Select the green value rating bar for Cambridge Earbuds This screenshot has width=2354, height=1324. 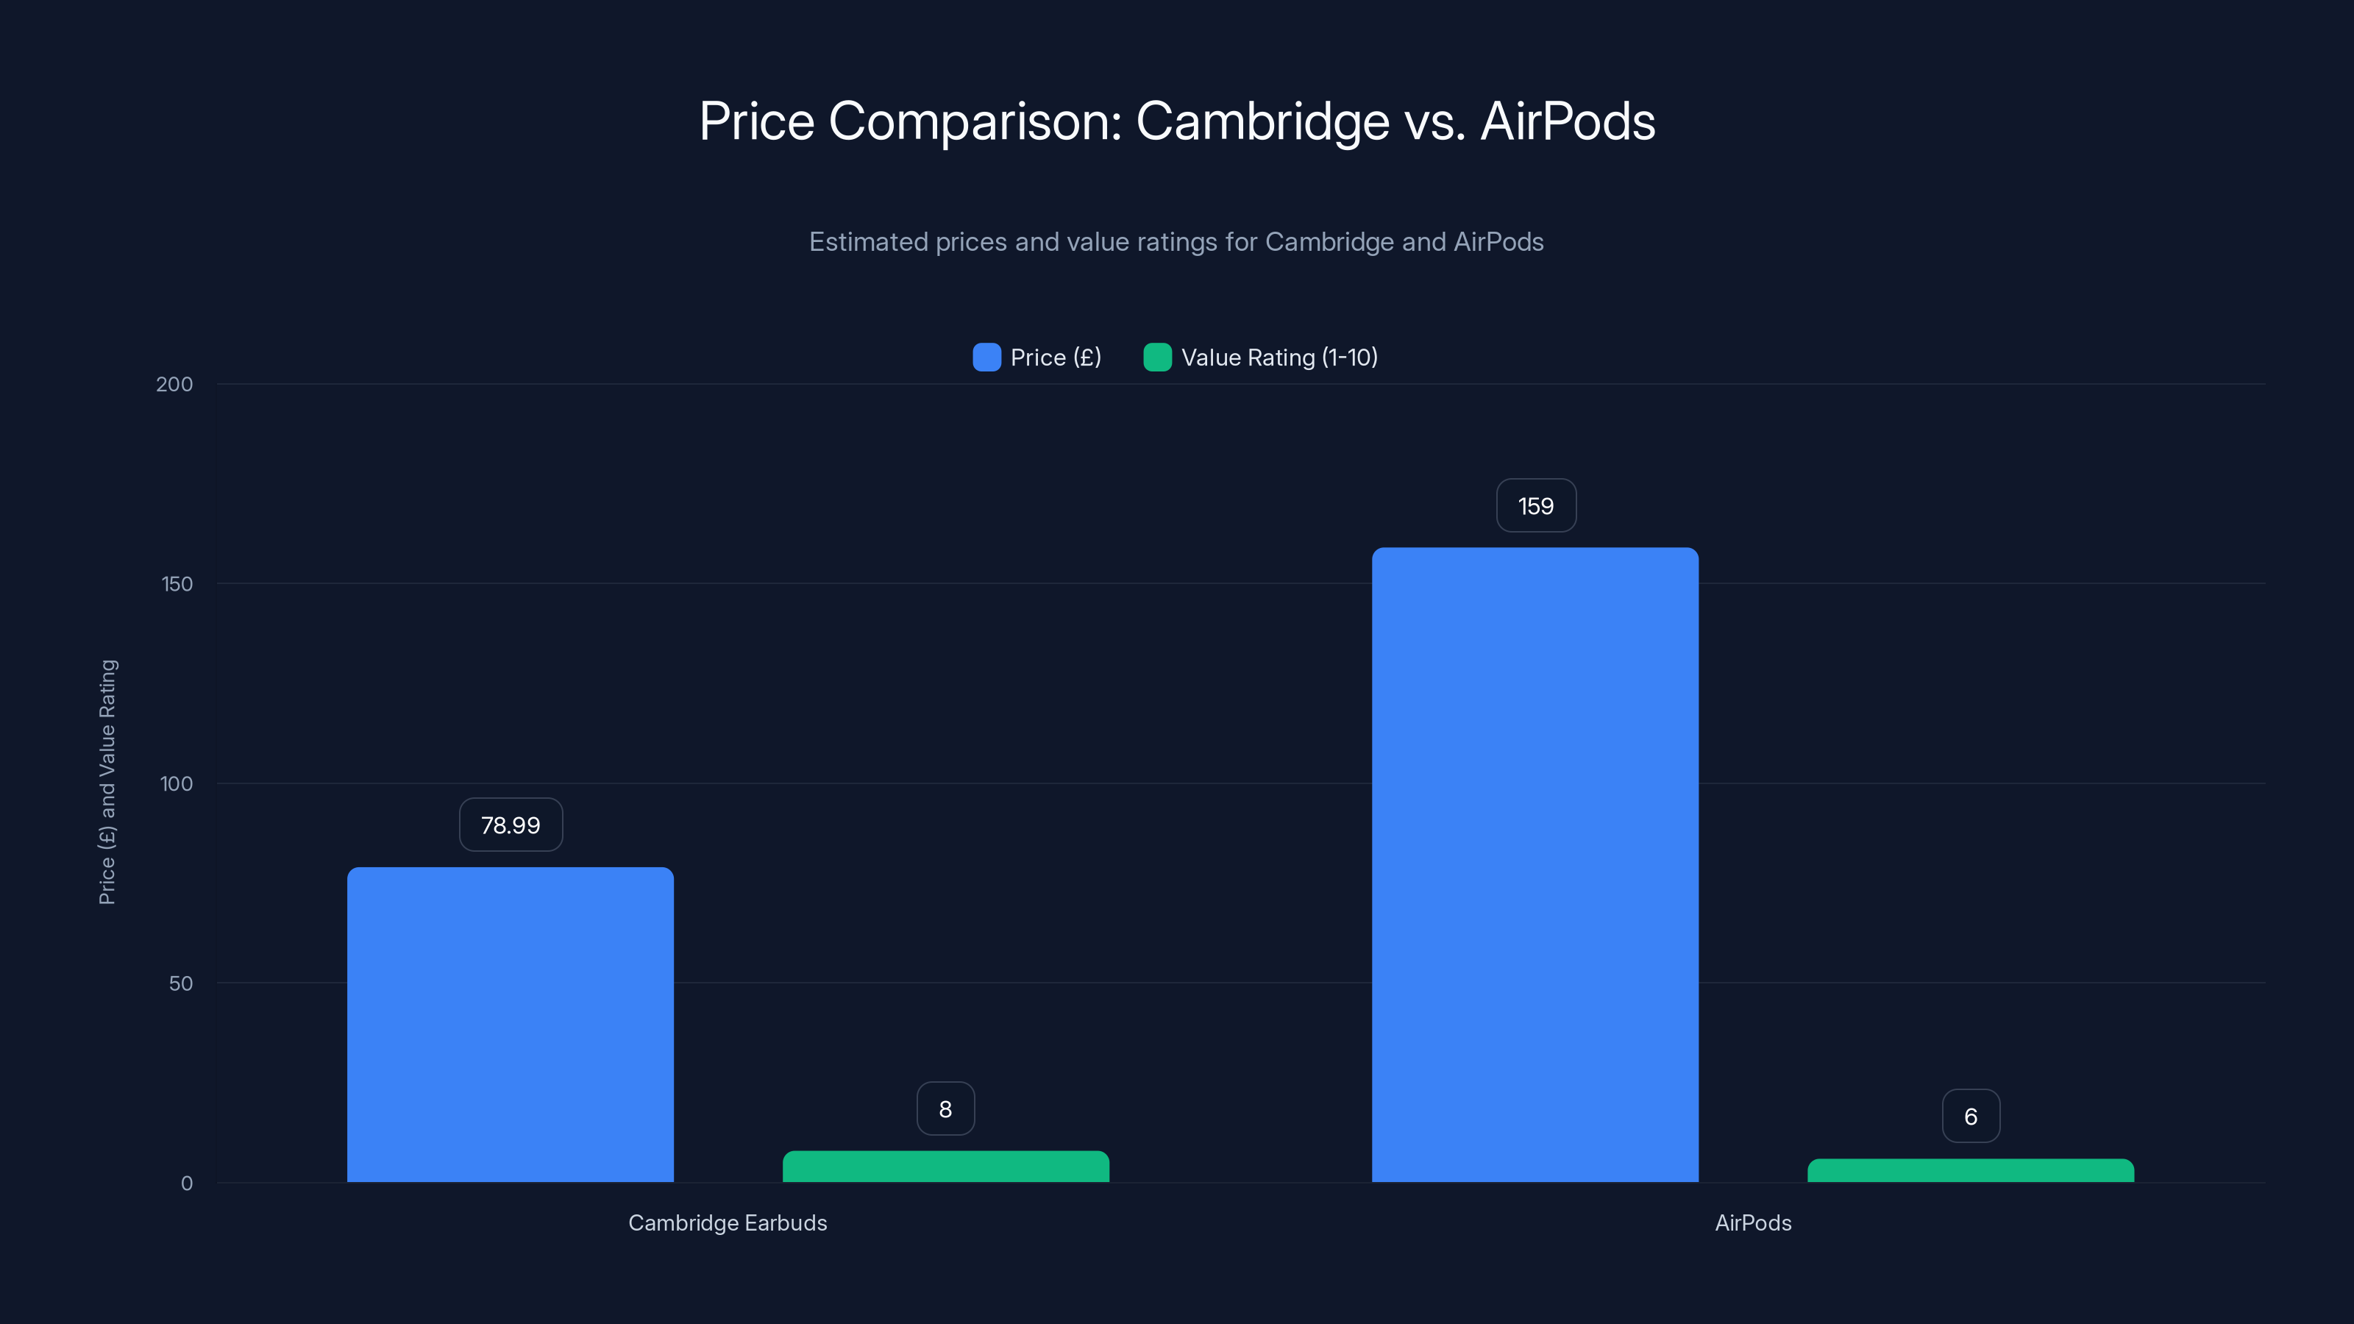click(x=946, y=1167)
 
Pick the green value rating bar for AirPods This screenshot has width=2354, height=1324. click(x=1970, y=1170)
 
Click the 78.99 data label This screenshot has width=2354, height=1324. click(x=510, y=825)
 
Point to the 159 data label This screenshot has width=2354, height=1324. click(x=1535, y=506)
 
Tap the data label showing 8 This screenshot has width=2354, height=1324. click(x=946, y=1109)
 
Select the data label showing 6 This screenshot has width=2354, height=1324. click(x=1970, y=1117)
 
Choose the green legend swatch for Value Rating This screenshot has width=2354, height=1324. click(x=1157, y=357)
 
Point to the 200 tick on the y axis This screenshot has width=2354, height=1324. click(x=174, y=385)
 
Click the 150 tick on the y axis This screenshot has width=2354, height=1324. click(x=177, y=584)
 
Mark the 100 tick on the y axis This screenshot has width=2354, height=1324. click(x=177, y=784)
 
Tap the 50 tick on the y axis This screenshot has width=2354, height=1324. click(x=181, y=984)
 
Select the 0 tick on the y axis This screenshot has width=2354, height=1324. click(x=188, y=1184)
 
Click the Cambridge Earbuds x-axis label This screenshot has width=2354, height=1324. click(x=728, y=1223)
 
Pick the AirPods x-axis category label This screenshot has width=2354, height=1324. click(x=1753, y=1223)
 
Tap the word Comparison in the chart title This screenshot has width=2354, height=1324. click(x=974, y=121)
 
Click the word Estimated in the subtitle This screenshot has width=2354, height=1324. click(x=868, y=242)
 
